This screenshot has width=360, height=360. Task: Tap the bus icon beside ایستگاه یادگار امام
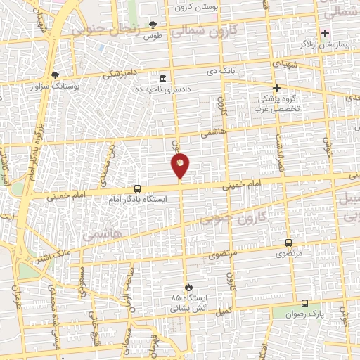(137, 188)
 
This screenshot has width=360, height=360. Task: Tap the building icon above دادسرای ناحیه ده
(163, 77)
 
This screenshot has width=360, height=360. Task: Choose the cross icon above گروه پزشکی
(276, 89)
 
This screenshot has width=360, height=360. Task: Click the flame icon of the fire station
(188, 287)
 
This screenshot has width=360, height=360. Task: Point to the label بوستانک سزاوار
(55, 86)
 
